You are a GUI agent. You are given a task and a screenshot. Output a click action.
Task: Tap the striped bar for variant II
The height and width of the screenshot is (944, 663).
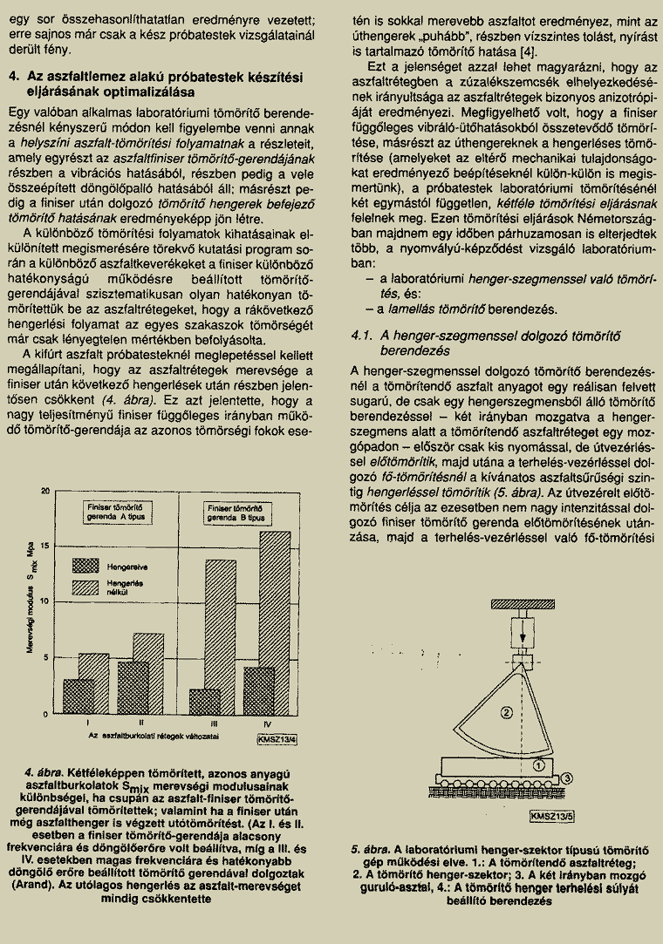(147, 672)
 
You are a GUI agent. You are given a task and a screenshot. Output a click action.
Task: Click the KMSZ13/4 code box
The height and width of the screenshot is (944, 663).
(277, 741)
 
